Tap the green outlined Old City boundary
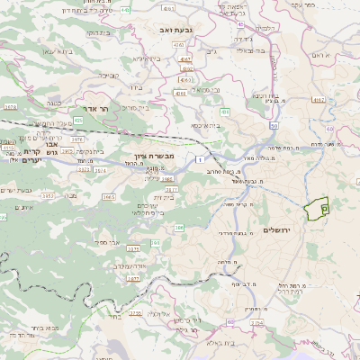(318, 210)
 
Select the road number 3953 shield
(48, 194)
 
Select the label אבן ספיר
(106, 242)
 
